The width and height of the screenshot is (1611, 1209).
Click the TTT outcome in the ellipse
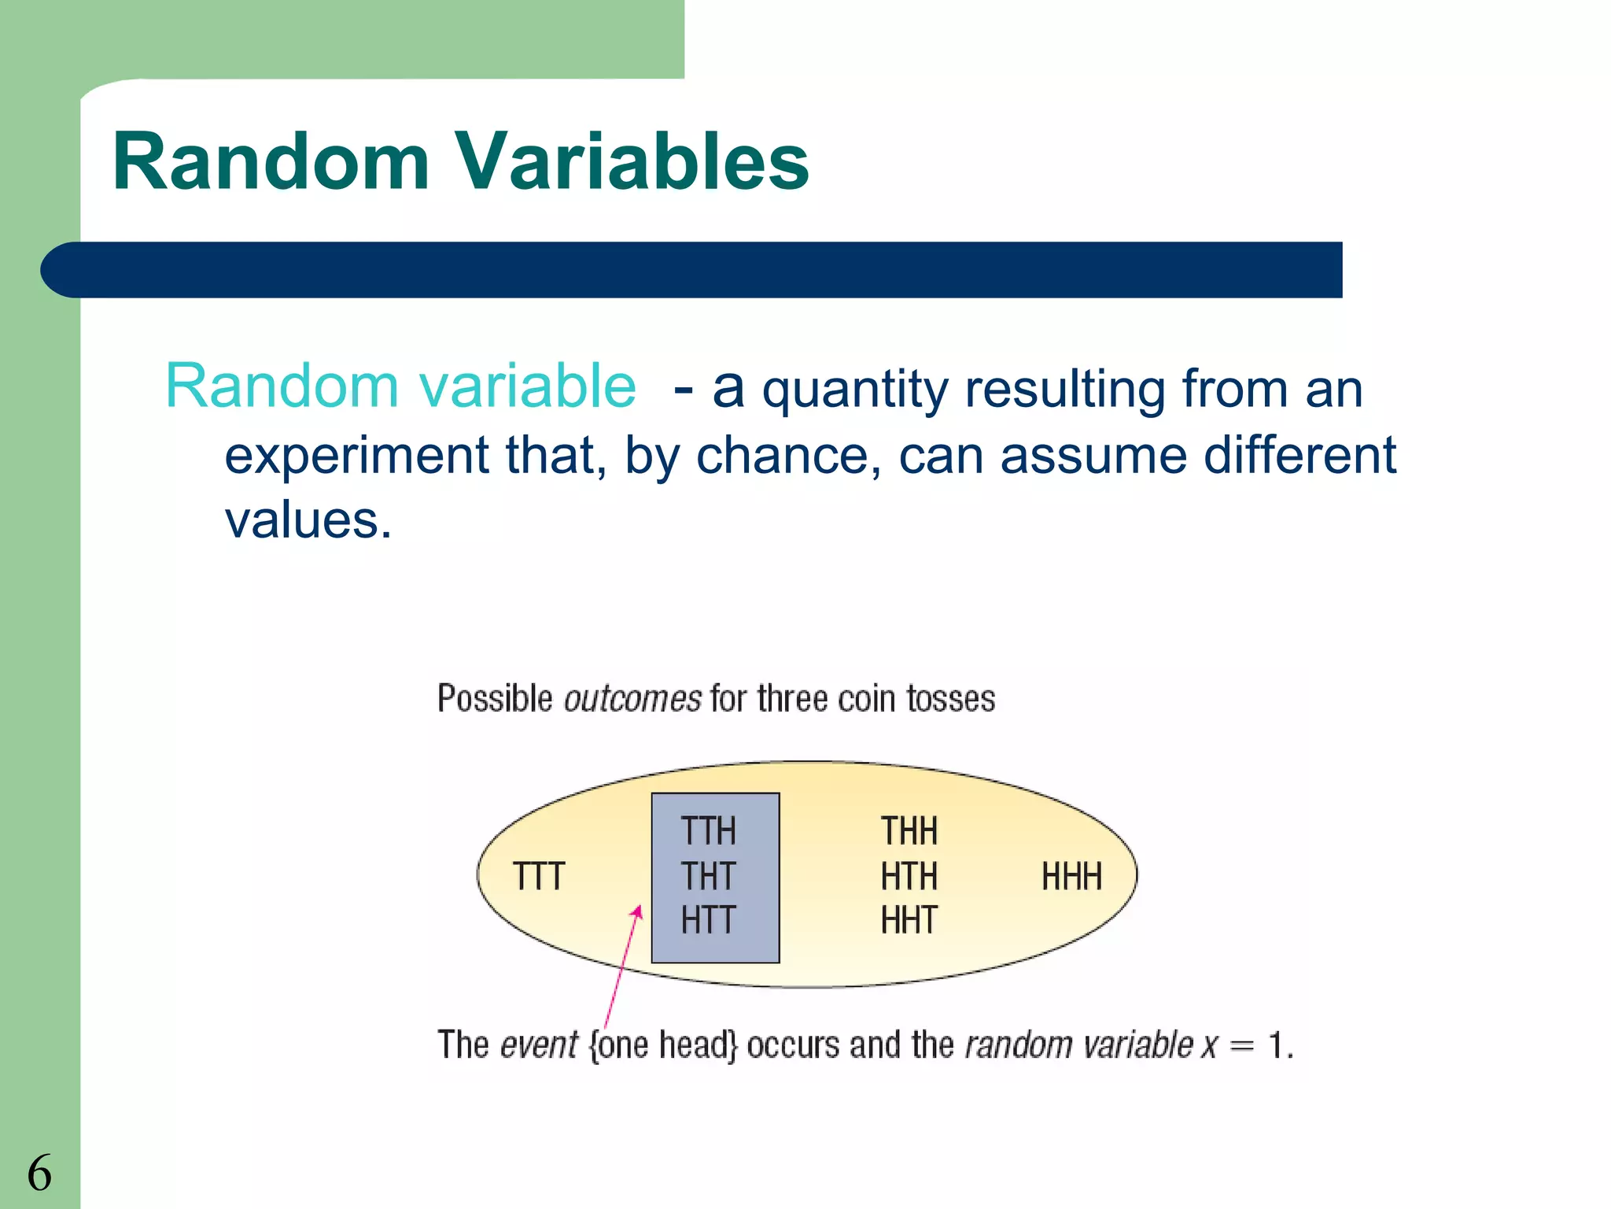(x=539, y=876)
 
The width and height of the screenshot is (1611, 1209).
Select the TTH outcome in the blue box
(x=708, y=831)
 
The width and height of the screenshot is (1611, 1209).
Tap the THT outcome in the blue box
(x=708, y=876)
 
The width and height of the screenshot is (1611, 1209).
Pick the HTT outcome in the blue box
(x=708, y=920)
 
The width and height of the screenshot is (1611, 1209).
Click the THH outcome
(x=909, y=831)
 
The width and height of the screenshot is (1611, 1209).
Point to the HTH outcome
(x=909, y=876)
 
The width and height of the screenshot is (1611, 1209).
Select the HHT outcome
(x=909, y=920)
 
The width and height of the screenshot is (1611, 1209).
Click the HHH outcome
(x=1071, y=876)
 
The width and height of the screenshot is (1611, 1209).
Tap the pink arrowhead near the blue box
(x=638, y=913)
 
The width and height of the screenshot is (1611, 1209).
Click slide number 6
(x=39, y=1173)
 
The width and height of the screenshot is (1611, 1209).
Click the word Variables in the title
(x=633, y=161)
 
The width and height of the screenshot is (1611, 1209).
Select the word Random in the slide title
(x=271, y=161)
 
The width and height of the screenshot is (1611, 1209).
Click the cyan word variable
(x=527, y=386)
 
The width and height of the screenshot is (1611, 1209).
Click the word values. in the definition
(x=308, y=520)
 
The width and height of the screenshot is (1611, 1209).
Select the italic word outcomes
(x=632, y=699)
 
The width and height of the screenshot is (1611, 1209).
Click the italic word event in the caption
(x=539, y=1045)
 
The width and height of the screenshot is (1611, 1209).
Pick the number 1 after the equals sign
(x=1276, y=1045)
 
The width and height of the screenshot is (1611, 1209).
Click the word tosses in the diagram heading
(x=950, y=699)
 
